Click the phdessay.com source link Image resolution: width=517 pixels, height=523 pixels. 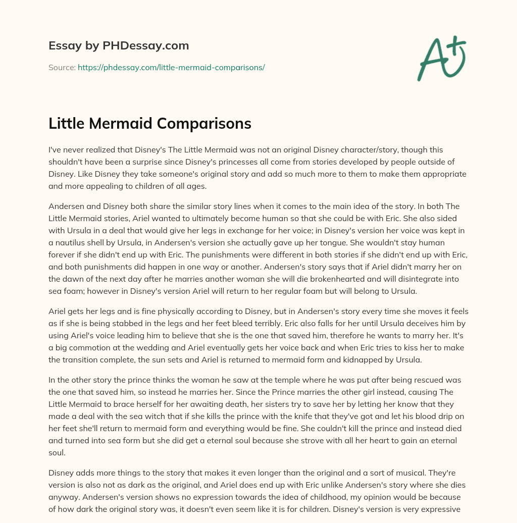pyautogui.click(x=171, y=67)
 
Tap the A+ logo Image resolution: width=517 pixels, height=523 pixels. pyautogui.click(x=441, y=59)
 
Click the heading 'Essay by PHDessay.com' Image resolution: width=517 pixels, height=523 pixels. pyautogui.click(x=119, y=46)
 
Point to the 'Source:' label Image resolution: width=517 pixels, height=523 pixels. pyautogui.click(x=62, y=67)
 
